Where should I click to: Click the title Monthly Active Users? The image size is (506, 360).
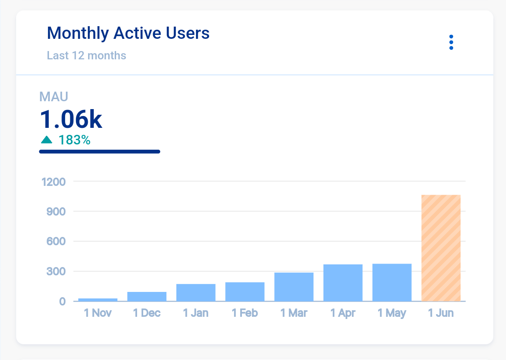[128, 33]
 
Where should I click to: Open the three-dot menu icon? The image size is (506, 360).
[451, 42]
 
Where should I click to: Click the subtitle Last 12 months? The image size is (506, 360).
[86, 56]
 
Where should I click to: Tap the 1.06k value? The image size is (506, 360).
[71, 119]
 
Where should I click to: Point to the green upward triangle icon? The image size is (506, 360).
[46, 140]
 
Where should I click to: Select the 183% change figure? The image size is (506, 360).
[74, 140]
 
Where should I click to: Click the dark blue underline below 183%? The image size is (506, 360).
[100, 152]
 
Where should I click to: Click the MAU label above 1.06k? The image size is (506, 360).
[54, 97]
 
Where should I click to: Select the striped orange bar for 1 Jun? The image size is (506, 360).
[441, 248]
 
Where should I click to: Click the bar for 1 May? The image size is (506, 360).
[392, 282]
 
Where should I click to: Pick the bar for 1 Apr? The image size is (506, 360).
[343, 283]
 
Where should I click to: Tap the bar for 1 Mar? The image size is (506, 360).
[294, 287]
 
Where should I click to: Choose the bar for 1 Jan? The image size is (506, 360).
[196, 292]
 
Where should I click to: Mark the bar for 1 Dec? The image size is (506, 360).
[147, 296]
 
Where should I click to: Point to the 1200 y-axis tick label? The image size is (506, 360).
[53, 182]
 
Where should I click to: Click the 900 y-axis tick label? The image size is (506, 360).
[56, 212]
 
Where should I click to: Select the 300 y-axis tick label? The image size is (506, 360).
[56, 271]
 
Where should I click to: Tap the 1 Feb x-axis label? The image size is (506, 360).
[244, 313]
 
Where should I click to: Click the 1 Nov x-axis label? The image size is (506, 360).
[98, 313]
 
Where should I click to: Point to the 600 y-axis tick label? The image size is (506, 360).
[56, 241]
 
